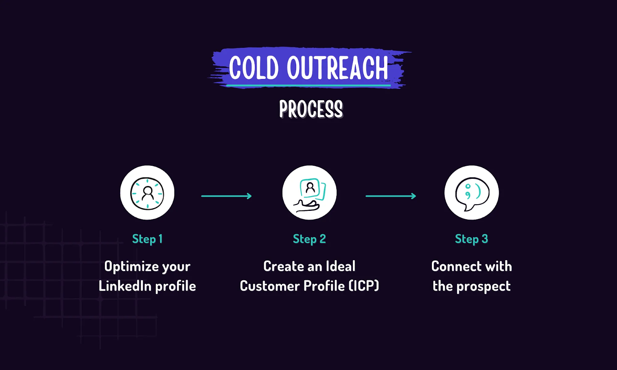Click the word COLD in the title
pos(253,68)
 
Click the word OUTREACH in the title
pos(337,68)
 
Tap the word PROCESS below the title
pos(311,109)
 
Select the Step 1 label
pos(147,239)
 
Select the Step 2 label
pos(309,239)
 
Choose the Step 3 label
pos(471,239)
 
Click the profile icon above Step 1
pos(147,193)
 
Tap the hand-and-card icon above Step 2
pos(309,193)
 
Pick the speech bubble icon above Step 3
pos(471,193)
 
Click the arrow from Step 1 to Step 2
pos(226,196)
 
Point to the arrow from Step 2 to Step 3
pos(391,196)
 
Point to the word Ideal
pos(341,266)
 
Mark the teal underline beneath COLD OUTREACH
pos(308,85)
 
